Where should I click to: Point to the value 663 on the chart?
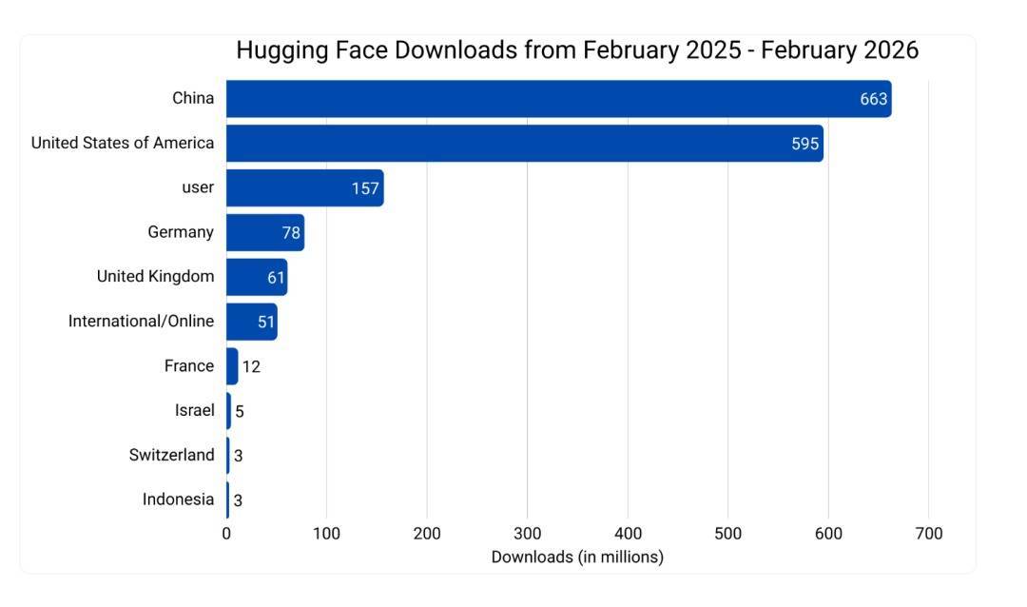(873, 99)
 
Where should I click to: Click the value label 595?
(804, 144)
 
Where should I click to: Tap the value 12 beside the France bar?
(251, 366)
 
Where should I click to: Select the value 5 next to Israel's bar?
(240, 411)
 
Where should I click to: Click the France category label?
(188, 366)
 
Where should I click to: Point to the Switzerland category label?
(171, 455)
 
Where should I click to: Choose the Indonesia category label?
(178, 499)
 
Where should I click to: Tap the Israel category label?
(194, 411)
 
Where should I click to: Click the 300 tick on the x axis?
(527, 534)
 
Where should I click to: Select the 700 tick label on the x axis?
(928, 534)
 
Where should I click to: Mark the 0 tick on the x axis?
(226, 534)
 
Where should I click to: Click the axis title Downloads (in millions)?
(577, 557)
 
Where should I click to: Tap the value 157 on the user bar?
(365, 188)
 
